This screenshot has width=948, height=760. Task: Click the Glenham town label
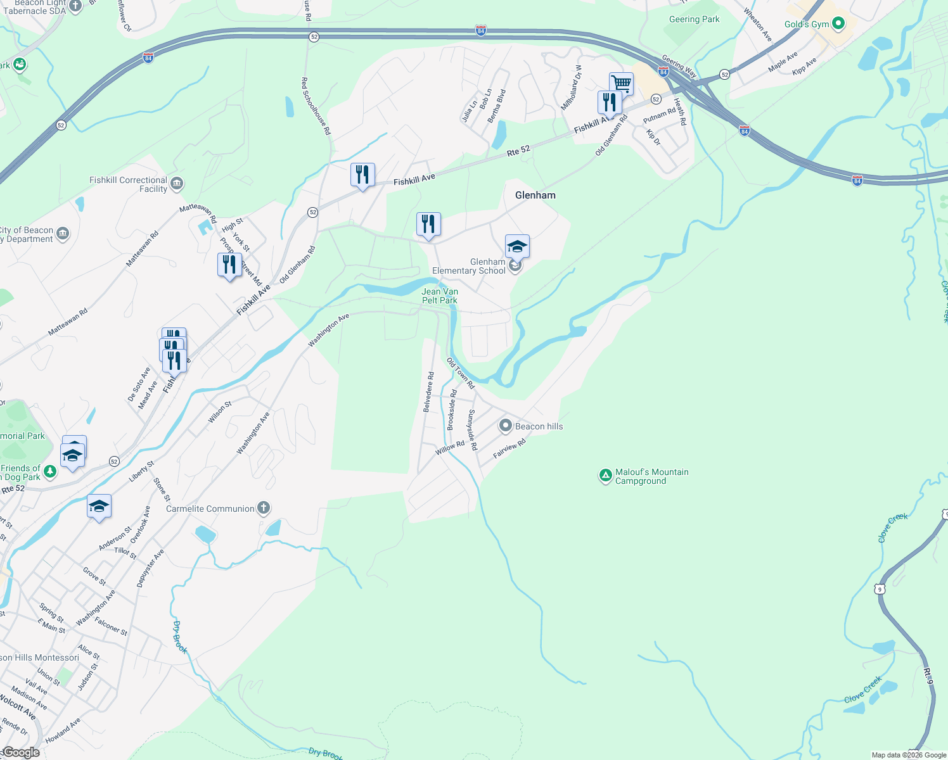tap(535, 195)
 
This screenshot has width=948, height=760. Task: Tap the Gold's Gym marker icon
tap(838, 24)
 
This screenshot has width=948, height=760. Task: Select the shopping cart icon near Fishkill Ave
tap(621, 83)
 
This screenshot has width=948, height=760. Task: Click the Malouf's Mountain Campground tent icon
tap(605, 475)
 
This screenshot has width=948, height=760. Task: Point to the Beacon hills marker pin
tap(505, 426)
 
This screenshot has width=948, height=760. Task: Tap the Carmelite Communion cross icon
tap(264, 508)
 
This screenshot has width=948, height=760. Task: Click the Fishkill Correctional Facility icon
tap(177, 184)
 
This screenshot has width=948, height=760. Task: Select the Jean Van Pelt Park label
tap(440, 296)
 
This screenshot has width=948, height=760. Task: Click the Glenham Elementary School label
tap(469, 266)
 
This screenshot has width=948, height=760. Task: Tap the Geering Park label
tap(694, 19)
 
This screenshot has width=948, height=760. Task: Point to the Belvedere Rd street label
tap(429, 392)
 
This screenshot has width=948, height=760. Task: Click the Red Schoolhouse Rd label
tap(316, 106)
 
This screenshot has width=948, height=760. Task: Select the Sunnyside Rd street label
tap(472, 429)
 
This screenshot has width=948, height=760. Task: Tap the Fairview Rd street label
tap(509, 449)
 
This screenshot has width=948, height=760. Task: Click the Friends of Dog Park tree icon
tap(50, 471)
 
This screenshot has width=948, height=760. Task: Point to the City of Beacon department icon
tap(63, 234)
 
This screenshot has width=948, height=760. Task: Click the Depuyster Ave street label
tap(150, 568)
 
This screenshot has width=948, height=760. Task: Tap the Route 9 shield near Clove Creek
tap(879, 589)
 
